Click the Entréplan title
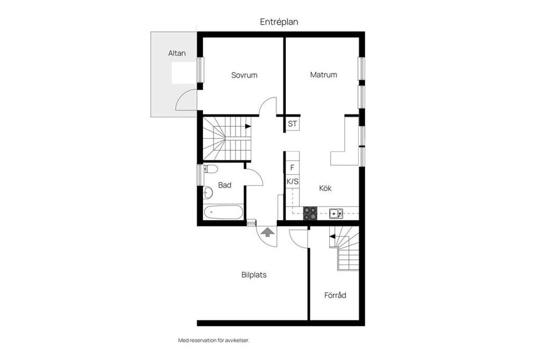point(279,22)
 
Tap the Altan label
point(177,53)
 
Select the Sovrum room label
point(244,75)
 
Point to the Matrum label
point(323,74)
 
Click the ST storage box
point(292,124)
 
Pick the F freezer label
point(292,167)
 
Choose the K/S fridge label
point(292,181)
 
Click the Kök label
point(325,188)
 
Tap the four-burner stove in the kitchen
point(310,213)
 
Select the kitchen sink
point(336,214)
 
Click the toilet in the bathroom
point(210,169)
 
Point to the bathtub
point(223,212)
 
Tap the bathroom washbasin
point(208,193)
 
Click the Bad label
point(225,185)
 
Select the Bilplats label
point(254,275)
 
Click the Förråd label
point(335,295)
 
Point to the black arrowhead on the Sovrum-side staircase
point(248,126)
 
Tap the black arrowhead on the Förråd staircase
point(332,237)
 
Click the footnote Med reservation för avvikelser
point(213,340)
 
